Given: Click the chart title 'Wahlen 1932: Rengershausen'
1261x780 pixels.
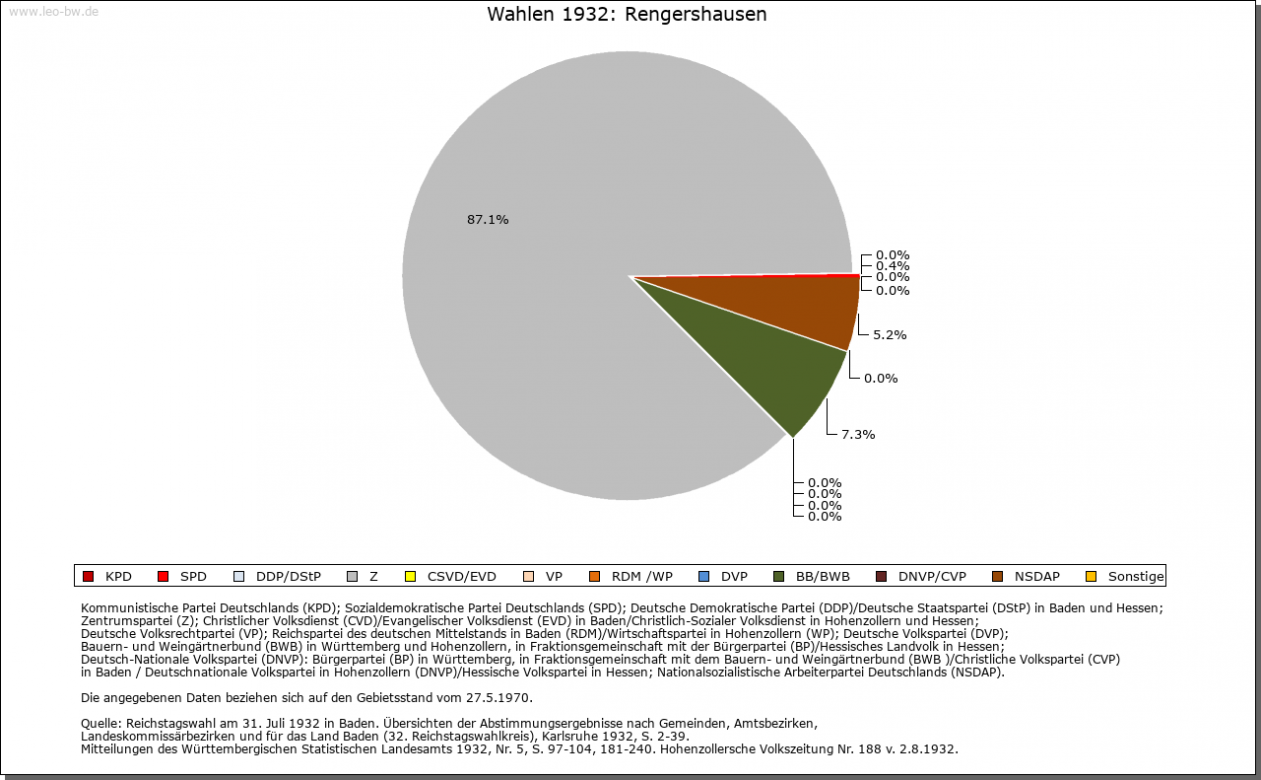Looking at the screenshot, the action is point(627,15).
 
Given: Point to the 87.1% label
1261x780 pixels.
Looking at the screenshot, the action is point(488,220).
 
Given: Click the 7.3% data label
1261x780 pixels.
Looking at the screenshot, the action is point(858,435).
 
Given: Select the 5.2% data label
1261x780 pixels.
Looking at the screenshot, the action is point(890,334).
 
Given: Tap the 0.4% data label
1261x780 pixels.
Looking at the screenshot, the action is point(893,266).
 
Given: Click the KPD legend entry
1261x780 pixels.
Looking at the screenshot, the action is point(107,577).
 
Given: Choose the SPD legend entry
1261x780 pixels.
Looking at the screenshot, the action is point(182,577).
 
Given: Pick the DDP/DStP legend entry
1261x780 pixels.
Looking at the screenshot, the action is point(277,577).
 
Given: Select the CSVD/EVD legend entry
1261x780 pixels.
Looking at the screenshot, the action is point(450,577).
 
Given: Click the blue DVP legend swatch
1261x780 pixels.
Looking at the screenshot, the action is point(703,577).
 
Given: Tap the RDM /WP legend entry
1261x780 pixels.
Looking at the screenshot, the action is point(630,577).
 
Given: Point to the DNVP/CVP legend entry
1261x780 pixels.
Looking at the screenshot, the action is point(921,577).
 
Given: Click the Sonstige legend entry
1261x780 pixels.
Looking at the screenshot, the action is point(1125,577).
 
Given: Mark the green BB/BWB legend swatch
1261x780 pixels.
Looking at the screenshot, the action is point(779,577).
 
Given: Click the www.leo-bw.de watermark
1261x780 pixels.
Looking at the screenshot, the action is point(53,12).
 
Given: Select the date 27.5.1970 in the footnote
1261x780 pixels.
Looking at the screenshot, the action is point(498,698).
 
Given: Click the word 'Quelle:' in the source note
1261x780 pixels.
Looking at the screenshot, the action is point(101,724).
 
